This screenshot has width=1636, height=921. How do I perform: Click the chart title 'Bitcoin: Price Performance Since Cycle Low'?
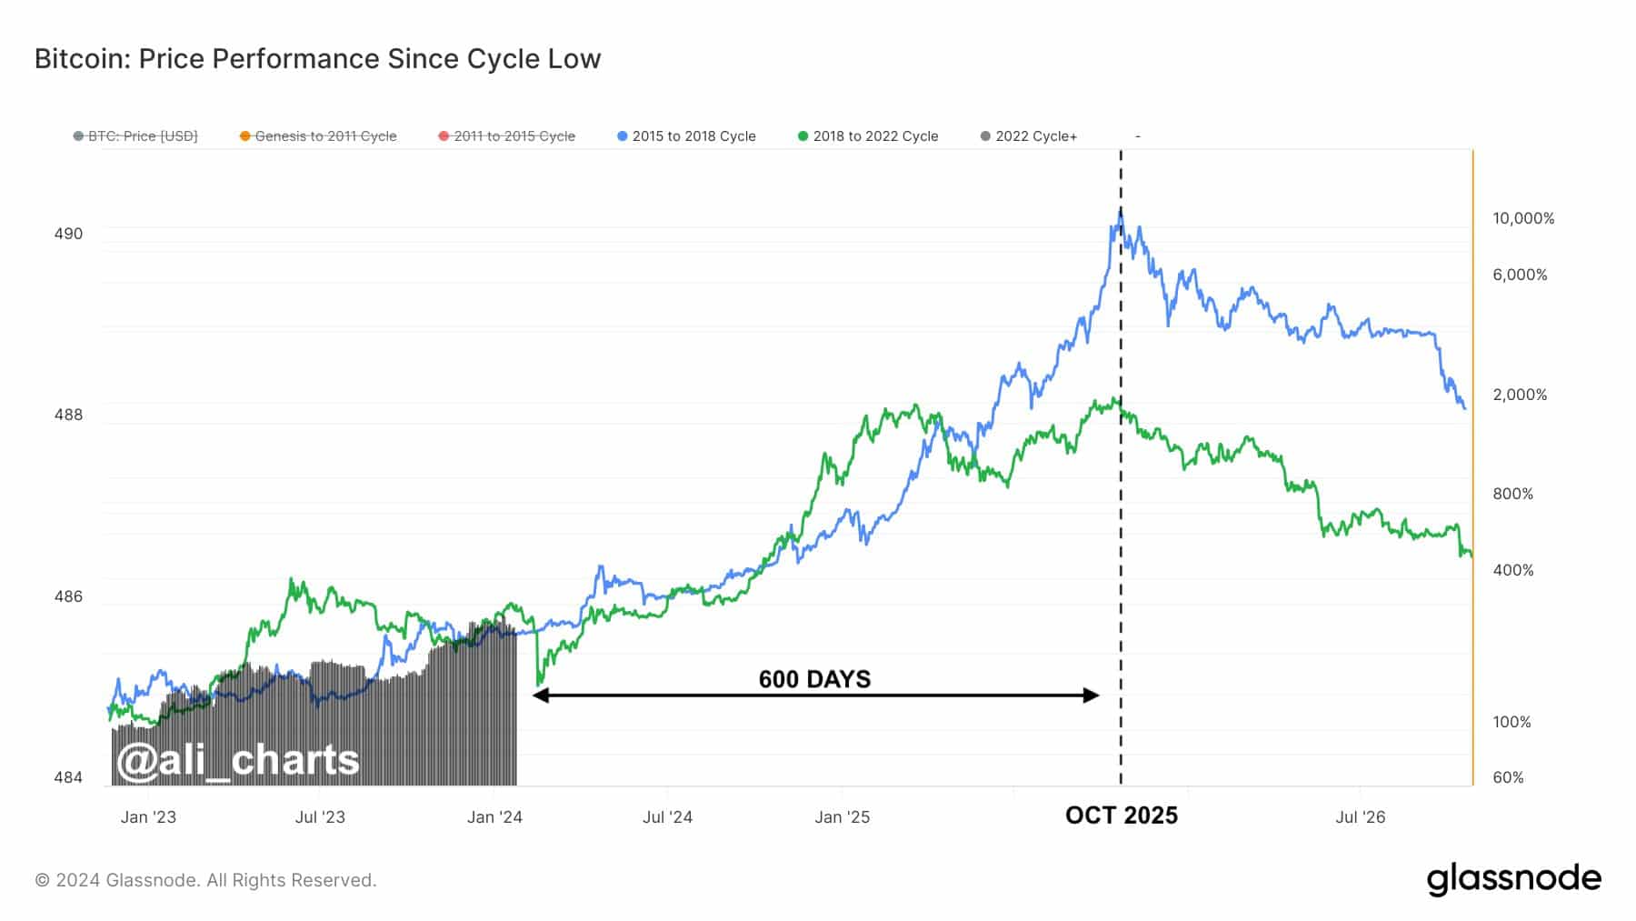pyautogui.click(x=317, y=59)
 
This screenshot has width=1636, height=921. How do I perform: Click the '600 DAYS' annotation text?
pyautogui.click(x=814, y=679)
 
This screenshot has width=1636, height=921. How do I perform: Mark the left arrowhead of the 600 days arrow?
pyautogui.click(x=539, y=696)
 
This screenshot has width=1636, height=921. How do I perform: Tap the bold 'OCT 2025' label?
pyautogui.click(x=1121, y=816)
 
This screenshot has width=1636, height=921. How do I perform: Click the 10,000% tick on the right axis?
pyautogui.click(x=1523, y=218)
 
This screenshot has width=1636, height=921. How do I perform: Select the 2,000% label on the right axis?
pyautogui.click(x=1520, y=395)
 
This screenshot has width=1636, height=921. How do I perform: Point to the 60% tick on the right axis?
pyautogui.click(x=1508, y=777)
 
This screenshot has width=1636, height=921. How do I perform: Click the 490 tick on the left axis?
pyautogui.click(x=68, y=234)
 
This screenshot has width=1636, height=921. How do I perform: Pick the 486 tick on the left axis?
pyautogui.click(x=68, y=596)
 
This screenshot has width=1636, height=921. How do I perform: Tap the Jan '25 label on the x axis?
pyautogui.click(x=842, y=817)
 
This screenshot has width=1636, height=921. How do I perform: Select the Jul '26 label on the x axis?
pyautogui.click(x=1360, y=817)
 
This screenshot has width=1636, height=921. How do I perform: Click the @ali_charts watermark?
pyautogui.click(x=238, y=760)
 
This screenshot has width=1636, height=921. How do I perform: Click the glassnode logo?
pyautogui.click(x=1513, y=879)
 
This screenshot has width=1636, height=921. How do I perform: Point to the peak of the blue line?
pyautogui.click(x=1121, y=211)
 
